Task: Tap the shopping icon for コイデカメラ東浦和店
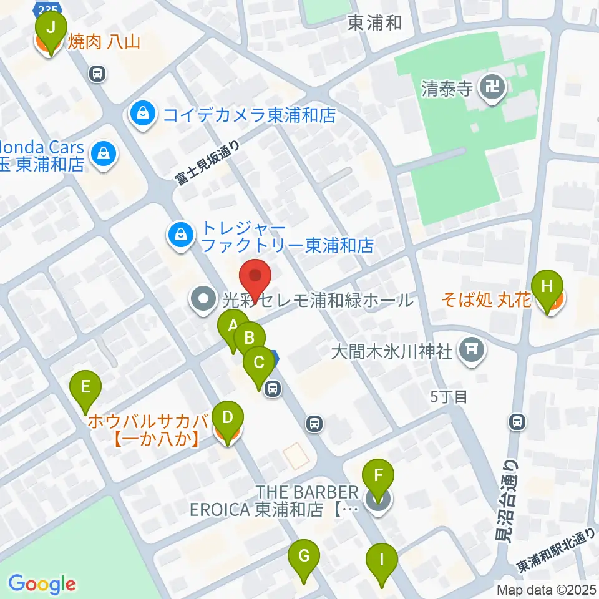[144, 115]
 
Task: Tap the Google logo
[42, 583]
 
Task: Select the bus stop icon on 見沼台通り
[517, 422]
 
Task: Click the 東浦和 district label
[374, 24]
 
